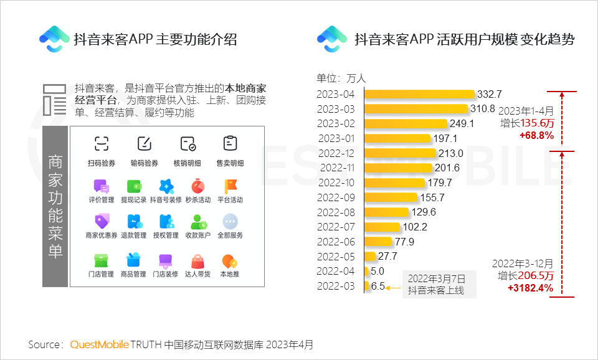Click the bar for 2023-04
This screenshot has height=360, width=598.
[419, 94]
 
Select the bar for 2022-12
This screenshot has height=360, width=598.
[399, 153]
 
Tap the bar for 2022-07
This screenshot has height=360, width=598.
[382, 227]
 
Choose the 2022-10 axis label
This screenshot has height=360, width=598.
[336, 182]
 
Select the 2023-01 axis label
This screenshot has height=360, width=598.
[336, 138]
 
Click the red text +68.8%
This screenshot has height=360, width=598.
[536, 135]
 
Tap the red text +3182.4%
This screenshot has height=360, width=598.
[530, 288]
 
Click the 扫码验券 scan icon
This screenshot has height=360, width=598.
[101, 144]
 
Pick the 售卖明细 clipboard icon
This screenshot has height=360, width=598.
[230, 144]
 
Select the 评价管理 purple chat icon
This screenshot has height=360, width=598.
[101, 186]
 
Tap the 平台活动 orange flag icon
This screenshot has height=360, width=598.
[230, 186]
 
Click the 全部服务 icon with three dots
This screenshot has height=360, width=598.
[230, 221]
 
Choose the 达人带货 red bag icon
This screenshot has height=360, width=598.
[198, 260]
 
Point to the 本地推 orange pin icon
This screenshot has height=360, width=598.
[230, 260]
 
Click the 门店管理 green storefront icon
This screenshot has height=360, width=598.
[101, 260]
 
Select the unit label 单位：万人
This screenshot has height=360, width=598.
[341, 78]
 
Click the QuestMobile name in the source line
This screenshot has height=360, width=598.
[100, 344]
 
